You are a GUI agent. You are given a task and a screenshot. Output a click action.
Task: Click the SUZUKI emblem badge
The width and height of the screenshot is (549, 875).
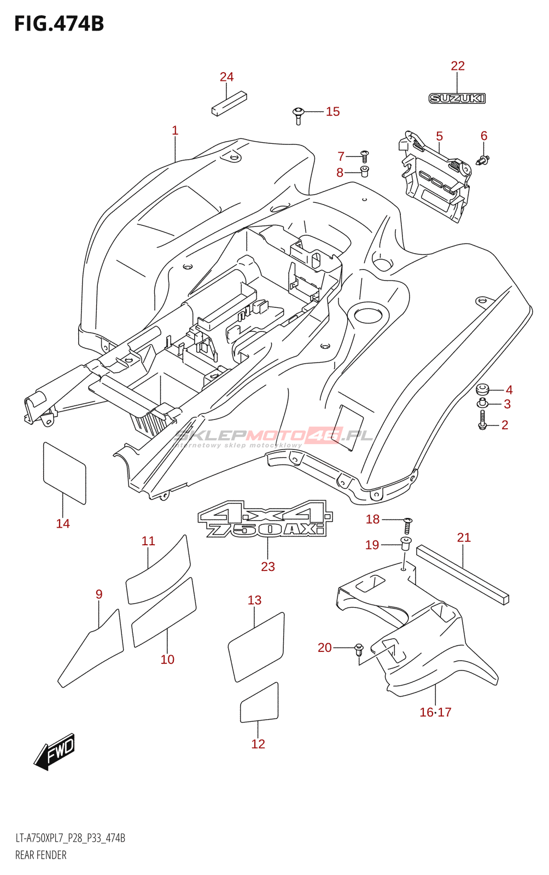[x=457, y=98]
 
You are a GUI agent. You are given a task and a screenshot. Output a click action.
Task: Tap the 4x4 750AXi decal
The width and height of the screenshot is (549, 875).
[x=265, y=518]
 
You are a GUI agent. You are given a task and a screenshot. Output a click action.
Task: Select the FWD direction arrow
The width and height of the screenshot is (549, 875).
[x=55, y=752]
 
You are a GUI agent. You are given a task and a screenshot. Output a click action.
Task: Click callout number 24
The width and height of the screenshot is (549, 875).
[x=226, y=77]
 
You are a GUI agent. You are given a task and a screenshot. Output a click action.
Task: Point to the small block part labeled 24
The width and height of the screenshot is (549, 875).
[x=221, y=104]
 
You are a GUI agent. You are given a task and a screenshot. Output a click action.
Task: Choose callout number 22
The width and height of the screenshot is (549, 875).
[x=458, y=66]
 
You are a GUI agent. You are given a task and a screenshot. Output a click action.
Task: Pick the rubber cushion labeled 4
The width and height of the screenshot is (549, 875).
[x=482, y=389]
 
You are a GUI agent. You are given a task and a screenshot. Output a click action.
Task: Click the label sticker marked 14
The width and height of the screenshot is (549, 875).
[x=64, y=472]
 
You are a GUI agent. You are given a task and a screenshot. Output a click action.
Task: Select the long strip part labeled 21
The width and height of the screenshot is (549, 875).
[x=463, y=574]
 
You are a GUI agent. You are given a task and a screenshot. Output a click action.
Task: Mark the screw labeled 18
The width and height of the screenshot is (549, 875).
[x=407, y=526]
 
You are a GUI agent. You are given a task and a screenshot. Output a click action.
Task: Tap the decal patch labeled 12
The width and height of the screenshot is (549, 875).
[x=259, y=703]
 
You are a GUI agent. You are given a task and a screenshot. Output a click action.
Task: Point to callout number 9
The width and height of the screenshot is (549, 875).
[x=99, y=594]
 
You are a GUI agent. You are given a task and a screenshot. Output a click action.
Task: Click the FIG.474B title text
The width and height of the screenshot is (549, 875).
[x=59, y=24]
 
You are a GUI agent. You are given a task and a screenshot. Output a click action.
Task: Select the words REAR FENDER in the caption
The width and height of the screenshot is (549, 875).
[x=41, y=855]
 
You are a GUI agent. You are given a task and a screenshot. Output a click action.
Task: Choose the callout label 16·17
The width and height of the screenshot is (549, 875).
[x=435, y=712]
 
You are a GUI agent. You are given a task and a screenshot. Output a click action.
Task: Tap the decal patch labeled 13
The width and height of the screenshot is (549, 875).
[x=256, y=647]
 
